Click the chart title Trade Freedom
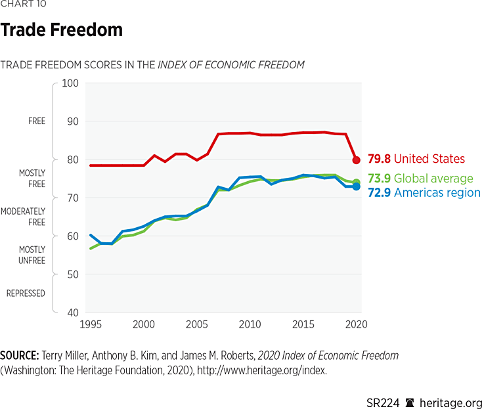pyautogui.click(x=61, y=30)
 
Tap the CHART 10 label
pyautogui.click(x=23, y=4)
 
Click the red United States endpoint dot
pyautogui.click(x=356, y=160)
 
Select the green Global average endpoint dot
pyautogui.click(x=356, y=183)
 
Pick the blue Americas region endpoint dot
pyautogui.click(x=356, y=186)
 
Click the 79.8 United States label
pyautogui.click(x=416, y=159)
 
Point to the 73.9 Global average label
pyautogui.click(x=420, y=179)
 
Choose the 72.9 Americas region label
pyautogui.click(x=424, y=193)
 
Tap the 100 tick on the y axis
pyautogui.click(x=70, y=83)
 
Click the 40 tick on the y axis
pyautogui.click(x=72, y=312)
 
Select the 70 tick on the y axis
pyautogui.click(x=72, y=198)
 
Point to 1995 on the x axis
pyautogui.click(x=91, y=325)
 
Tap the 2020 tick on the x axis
pyautogui.click(x=355, y=325)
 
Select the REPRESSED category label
pyautogui.click(x=26, y=293)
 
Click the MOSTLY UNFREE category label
pyautogui.click(x=32, y=255)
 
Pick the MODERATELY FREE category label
pyautogui.click(x=23, y=217)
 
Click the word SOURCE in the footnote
pyautogui.click(x=19, y=355)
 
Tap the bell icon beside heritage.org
pyautogui.click(x=410, y=402)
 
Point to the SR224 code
pyautogui.click(x=383, y=402)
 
